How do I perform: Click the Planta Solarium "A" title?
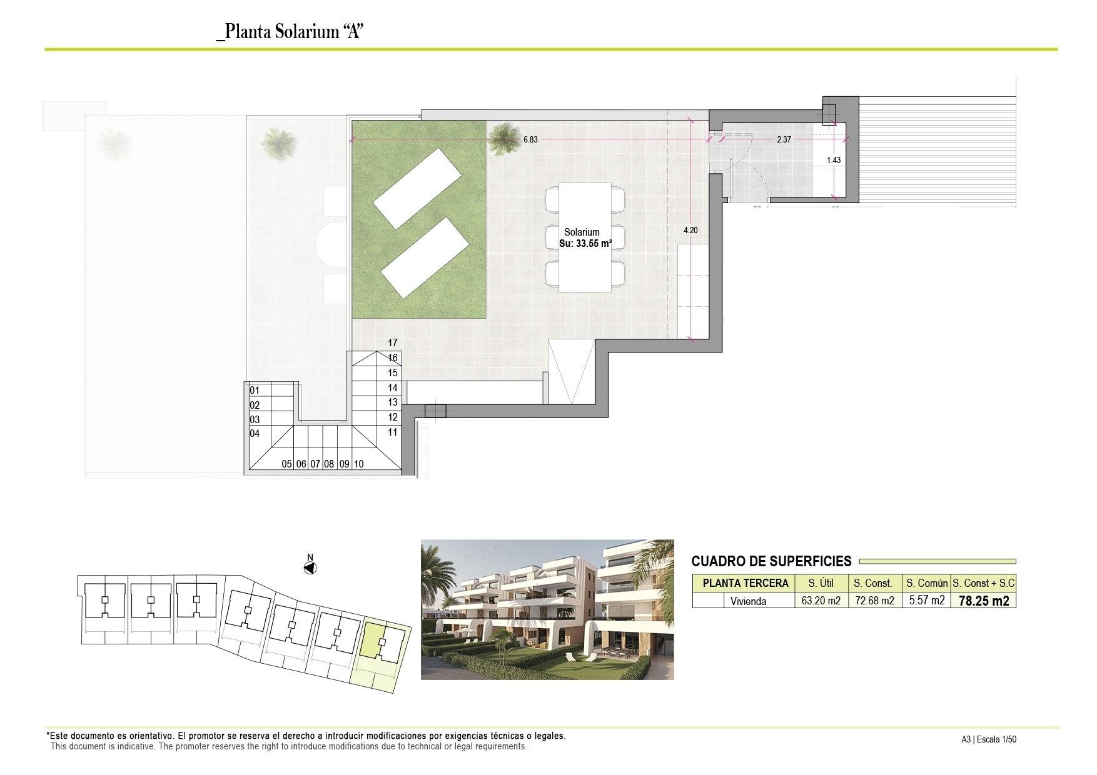coord(290,32)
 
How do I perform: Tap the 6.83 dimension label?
coord(530,140)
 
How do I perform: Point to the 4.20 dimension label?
coord(690,230)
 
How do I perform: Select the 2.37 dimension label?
coord(784,140)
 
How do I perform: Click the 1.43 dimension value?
coord(834,160)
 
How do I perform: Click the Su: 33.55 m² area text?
coord(585,244)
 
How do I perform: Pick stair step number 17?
coord(393,342)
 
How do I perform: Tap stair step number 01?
coord(255,391)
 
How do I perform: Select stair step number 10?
coord(359,464)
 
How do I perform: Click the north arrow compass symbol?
coord(310,567)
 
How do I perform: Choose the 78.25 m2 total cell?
coord(983,601)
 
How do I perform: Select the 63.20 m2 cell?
coord(821,601)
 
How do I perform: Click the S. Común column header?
coord(927,583)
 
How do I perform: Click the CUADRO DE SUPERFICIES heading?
coord(771,561)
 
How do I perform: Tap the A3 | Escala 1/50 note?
coord(989,739)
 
